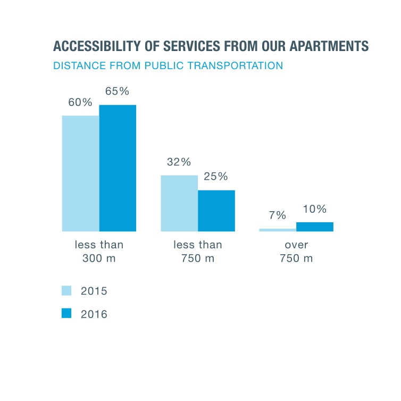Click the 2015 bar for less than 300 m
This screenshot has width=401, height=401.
point(80,173)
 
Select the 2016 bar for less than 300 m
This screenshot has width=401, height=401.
point(118,168)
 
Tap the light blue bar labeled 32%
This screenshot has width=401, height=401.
point(179,203)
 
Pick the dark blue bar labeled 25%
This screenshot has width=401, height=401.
point(216,211)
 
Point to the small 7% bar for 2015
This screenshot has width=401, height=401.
point(278,230)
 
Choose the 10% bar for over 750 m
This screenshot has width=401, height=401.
point(315,227)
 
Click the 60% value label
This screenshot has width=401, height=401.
point(80,102)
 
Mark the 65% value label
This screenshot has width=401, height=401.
point(117,91)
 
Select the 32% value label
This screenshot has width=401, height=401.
point(179,162)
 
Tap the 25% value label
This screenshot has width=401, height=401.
point(216,177)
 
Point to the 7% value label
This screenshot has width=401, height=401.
point(278,215)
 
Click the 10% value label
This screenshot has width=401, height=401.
point(315,209)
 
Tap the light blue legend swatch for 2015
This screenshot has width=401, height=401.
point(66,290)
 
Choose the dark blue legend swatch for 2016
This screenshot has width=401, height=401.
point(66,314)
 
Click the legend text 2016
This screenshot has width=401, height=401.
point(94,314)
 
